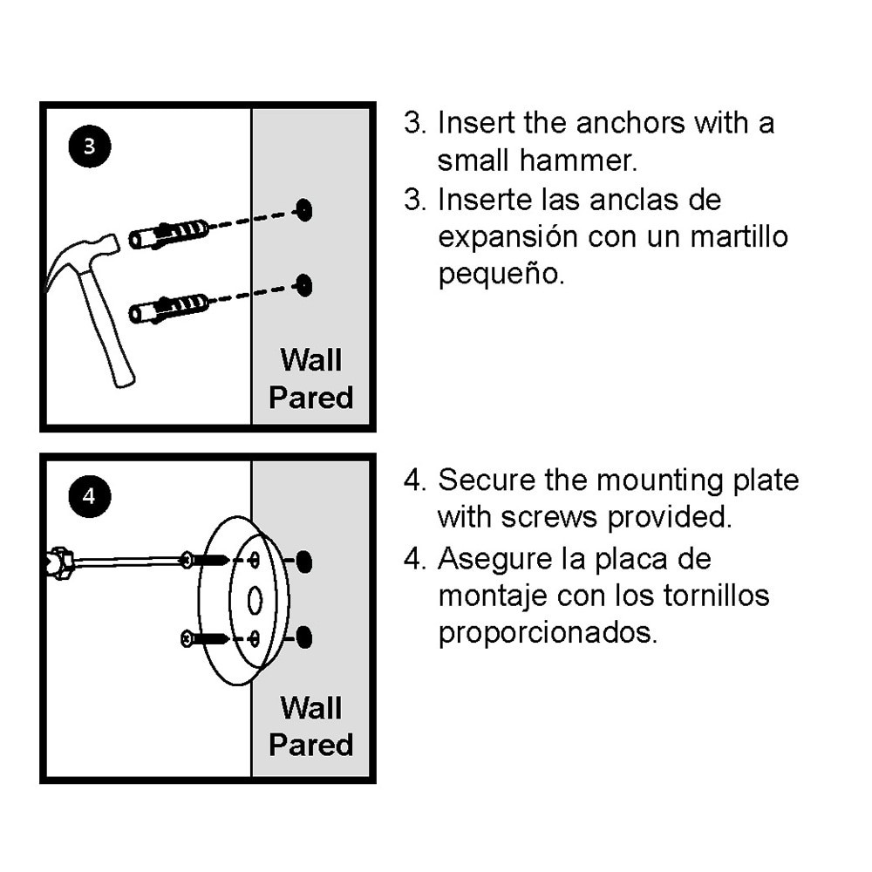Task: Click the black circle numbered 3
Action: pos(89,146)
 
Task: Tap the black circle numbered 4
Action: pos(89,497)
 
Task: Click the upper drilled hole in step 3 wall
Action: pos(303,209)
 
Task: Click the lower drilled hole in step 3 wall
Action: pos(303,284)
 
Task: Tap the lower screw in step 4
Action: pos(204,639)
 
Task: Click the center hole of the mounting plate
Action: pos(255,600)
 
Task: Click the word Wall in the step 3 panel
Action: pos(310,359)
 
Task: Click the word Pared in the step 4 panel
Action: pos(310,745)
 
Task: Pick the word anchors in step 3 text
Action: pos(630,123)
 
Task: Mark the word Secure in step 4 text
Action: pos(487,480)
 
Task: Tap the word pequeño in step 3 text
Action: pos(501,275)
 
